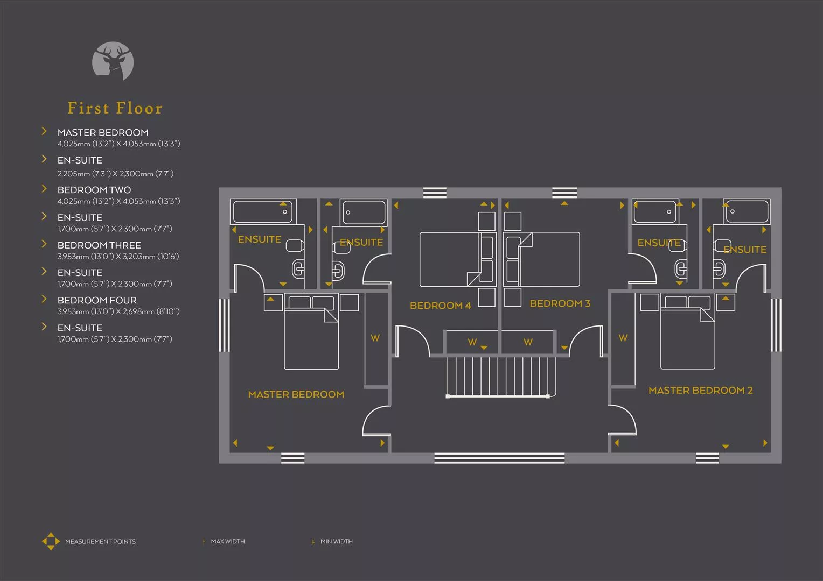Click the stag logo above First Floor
click(113, 61)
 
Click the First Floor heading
click(115, 108)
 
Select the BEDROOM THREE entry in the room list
click(99, 245)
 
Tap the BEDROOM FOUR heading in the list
click(97, 300)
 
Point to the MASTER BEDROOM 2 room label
click(701, 390)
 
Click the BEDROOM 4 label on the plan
click(440, 306)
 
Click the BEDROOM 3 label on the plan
click(560, 303)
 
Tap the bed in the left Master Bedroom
click(311, 331)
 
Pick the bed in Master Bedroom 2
click(687, 331)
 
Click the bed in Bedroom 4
click(458, 259)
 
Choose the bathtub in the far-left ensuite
click(263, 211)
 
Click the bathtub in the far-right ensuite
click(747, 211)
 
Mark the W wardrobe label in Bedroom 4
click(472, 342)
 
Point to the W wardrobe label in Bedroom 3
click(528, 342)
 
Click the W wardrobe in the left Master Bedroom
click(376, 339)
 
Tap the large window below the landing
click(499, 458)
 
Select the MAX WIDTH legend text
click(228, 541)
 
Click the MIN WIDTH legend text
click(337, 541)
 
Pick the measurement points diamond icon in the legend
click(51, 541)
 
